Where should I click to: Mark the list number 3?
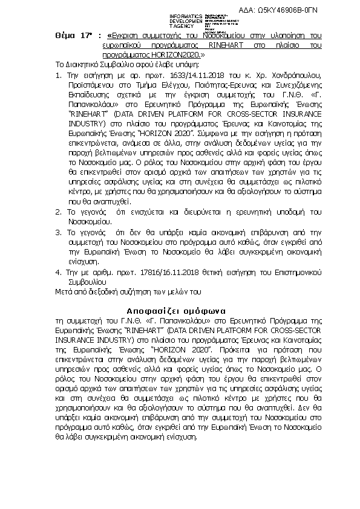[x=57, y=232]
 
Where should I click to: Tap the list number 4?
[x=57, y=272]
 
